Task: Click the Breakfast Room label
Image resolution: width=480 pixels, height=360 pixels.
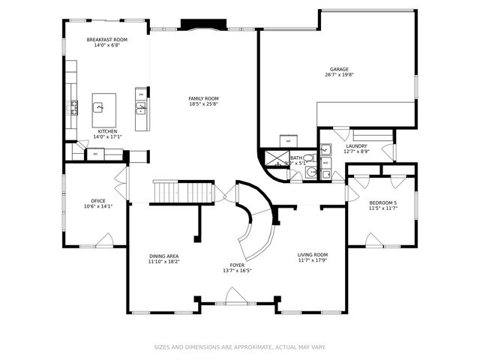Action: click(107, 39)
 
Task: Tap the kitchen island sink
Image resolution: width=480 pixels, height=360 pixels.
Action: click(99, 107)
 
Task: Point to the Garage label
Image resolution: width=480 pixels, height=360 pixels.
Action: click(339, 69)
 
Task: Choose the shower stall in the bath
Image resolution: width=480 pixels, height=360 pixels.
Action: click(273, 157)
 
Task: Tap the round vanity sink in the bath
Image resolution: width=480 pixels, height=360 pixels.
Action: click(310, 172)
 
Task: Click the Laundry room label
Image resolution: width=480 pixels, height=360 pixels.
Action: click(356, 145)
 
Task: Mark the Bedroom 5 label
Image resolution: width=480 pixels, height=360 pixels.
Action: click(382, 202)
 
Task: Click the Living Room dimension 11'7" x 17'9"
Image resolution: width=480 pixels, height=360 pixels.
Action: click(313, 261)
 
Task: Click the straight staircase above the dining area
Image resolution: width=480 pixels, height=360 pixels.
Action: click(183, 192)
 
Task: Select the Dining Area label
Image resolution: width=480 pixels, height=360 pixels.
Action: click(163, 256)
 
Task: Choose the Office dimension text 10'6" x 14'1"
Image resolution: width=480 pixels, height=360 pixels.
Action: click(97, 206)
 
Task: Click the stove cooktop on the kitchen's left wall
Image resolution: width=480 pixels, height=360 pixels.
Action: click(73, 107)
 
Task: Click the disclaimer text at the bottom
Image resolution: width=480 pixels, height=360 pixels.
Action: click(240, 347)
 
